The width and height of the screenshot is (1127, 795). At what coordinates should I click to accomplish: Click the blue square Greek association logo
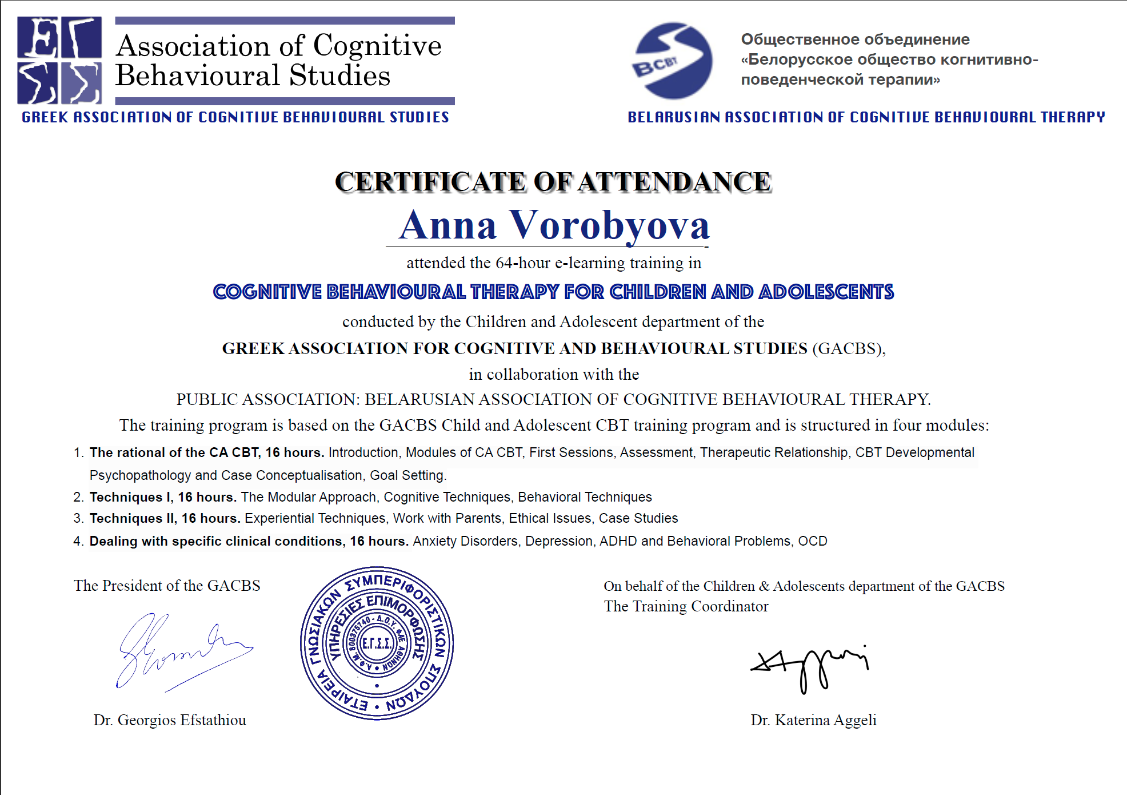(59, 60)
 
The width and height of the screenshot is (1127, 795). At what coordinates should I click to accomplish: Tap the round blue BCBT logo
(673, 61)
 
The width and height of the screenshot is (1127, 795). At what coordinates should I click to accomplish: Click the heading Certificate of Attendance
(553, 182)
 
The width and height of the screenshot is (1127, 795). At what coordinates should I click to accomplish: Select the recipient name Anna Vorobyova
(554, 225)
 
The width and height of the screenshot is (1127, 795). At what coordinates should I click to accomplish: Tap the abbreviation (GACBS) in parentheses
(847, 348)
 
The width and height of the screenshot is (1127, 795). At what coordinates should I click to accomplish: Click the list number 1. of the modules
(79, 453)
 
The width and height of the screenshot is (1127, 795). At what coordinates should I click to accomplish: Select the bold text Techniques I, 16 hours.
(163, 498)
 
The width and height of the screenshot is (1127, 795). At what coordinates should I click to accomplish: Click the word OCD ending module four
(812, 542)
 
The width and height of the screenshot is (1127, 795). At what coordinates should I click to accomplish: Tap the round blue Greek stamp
(377, 643)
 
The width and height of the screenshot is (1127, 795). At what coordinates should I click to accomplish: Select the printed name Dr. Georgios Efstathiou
(170, 720)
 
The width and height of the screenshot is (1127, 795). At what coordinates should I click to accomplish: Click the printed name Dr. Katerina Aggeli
(813, 720)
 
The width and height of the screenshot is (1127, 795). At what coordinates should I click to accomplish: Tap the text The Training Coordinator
(686, 606)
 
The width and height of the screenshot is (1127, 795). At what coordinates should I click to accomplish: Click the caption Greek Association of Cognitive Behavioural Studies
(235, 117)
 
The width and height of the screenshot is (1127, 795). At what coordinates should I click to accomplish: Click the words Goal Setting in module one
(407, 476)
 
